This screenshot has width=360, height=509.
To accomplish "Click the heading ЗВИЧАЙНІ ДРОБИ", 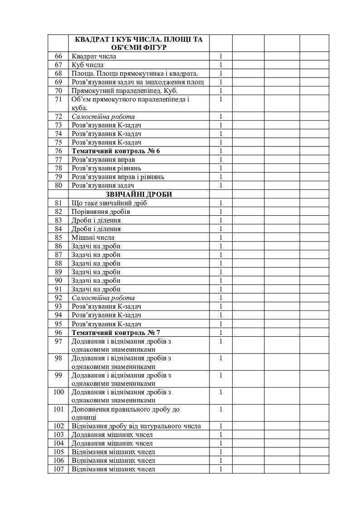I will click(x=139, y=194).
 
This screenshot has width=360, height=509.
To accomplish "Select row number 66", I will click(x=58, y=57).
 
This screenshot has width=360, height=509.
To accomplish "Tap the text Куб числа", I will click(x=87, y=65).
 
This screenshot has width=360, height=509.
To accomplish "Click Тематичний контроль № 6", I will click(x=116, y=151).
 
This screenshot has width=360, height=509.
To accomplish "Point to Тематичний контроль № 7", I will click(x=116, y=333).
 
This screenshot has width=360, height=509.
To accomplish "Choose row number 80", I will click(x=58, y=185).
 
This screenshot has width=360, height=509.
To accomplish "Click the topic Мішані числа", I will click(x=93, y=238).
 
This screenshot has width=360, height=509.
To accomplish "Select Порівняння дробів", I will click(x=101, y=212).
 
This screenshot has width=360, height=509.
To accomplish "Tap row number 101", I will click(x=58, y=409).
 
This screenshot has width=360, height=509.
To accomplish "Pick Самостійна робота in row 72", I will click(x=103, y=117).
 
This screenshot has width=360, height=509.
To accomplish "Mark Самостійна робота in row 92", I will click(x=103, y=298).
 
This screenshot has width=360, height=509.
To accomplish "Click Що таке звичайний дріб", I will click(x=109, y=203).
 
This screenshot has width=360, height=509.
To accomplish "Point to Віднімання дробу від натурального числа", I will click(x=136, y=426).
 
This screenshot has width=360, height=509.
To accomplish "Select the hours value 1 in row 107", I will click(x=221, y=469).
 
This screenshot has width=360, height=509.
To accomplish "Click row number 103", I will click(x=58, y=435).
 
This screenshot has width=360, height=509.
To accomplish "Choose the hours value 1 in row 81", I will click(x=221, y=203).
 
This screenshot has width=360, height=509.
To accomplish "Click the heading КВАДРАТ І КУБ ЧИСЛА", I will click(x=139, y=39).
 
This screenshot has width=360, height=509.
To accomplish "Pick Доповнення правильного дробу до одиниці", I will click(x=126, y=413).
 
